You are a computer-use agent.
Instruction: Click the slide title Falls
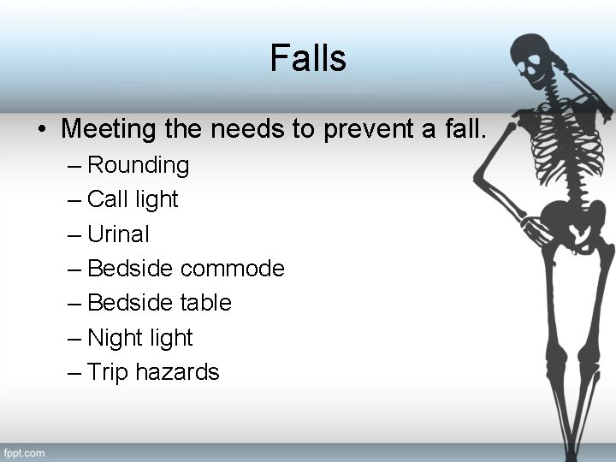pos(308,58)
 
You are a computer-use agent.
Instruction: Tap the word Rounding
pos(139,164)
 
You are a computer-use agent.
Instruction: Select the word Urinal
pos(118,234)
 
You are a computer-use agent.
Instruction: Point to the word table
pos(205,303)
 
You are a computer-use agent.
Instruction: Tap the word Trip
pos(107,372)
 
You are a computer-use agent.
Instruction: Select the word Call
pos(108,199)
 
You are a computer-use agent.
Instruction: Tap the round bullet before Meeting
pos(41,130)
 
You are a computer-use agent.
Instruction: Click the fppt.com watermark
pos(24,452)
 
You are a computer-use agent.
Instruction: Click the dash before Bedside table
pos(74,304)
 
